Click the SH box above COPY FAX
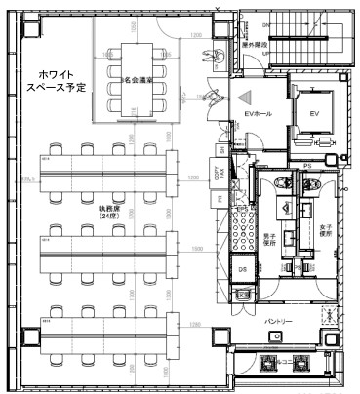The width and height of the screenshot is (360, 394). point(221,148)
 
